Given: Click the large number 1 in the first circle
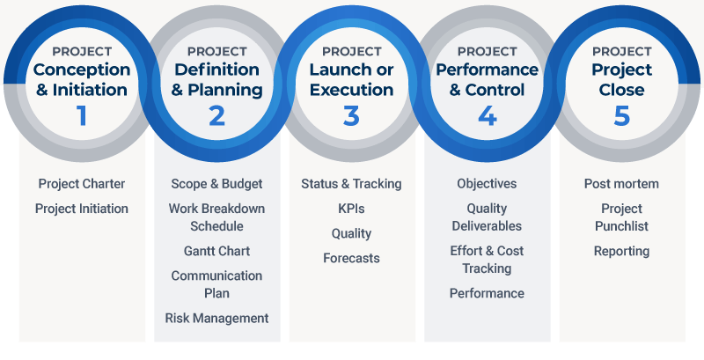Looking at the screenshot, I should coord(82,115).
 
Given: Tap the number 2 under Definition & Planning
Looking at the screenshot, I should coord(217,115).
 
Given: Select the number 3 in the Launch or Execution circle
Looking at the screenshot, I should coord(352,115).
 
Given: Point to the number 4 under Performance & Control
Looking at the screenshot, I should coord(487,115).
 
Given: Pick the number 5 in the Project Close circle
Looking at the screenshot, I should coord(621,115).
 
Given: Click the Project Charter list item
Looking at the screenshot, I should coord(82,184).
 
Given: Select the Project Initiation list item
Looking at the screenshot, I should coord(82,209).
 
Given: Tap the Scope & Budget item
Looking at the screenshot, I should coord(217,184).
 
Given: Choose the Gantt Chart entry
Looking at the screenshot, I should coord(217,251).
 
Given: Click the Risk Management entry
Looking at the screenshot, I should coord(217,318).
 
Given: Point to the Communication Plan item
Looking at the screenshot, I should coord(217,283).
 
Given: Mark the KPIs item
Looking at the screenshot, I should coord(351,209).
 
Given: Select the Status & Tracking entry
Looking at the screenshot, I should coord(351,184).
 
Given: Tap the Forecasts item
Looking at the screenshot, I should coord(351,258).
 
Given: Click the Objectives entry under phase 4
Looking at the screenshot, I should coord(487,184).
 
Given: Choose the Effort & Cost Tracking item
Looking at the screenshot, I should coord(487,260).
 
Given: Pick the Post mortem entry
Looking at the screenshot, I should coord(621,184).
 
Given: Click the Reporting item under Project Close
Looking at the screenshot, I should coord(621,251).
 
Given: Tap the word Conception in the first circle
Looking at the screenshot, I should coord(82,70).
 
